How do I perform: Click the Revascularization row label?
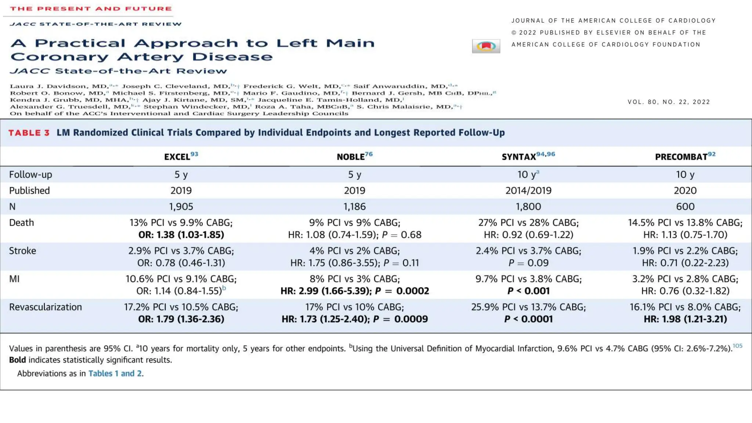pyautogui.click(x=46, y=307)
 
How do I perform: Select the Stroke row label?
pyautogui.click(x=22, y=251)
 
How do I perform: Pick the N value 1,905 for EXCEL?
pyautogui.click(x=181, y=206)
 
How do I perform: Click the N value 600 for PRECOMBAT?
pyautogui.click(x=685, y=206)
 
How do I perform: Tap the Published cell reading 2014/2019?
pyautogui.click(x=528, y=191)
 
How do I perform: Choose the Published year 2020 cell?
pyautogui.click(x=685, y=191)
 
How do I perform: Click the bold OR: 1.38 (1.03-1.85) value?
pyautogui.click(x=181, y=235)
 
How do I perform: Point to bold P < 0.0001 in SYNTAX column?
pyautogui.click(x=528, y=319)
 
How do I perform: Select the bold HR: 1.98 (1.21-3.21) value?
pyautogui.click(x=685, y=319)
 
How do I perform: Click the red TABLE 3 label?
pyautogui.click(x=29, y=133)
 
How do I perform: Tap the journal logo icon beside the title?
pyautogui.click(x=486, y=46)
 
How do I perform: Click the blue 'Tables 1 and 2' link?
pyautogui.click(x=115, y=373)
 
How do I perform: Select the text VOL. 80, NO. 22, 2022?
pyautogui.click(x=669, y=102)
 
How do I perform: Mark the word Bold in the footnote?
pyautogui.click(x=17, y=360)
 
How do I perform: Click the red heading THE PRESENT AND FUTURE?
pyautogui.click(x=91, y=9)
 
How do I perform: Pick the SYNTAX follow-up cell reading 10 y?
pyautogui.click(x=528, y=174)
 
